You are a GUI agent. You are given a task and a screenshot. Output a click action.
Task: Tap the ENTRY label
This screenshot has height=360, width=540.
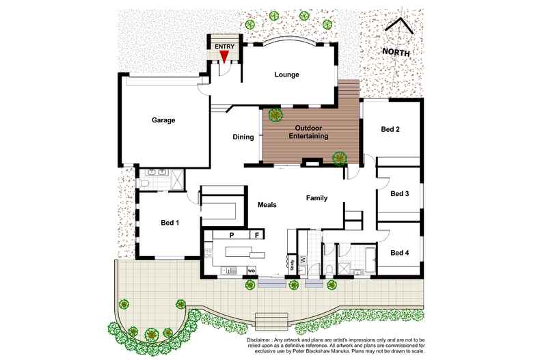[x=225, y=46]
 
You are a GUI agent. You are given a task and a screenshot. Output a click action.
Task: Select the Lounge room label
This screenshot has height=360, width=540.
[x=287, y=74]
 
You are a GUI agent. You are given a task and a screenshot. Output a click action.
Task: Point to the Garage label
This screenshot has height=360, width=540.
[x=163, y=120]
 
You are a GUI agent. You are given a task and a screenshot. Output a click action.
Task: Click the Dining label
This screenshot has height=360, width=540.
[x=243, y=137]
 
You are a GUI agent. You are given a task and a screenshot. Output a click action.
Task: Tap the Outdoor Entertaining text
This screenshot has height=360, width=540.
[x=312, y=133]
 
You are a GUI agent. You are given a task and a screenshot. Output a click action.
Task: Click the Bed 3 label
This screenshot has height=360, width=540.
[x=399, y=193]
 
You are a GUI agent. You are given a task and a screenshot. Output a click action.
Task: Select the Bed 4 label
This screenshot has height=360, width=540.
[x=399, y=253]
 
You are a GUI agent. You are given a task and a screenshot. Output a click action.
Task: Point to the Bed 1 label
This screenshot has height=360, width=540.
[x=170, y=223]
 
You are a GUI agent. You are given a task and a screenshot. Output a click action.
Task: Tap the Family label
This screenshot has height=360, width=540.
[x=316, y=198]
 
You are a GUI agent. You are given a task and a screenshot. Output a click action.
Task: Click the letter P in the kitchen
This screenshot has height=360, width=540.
[x=232, y=235]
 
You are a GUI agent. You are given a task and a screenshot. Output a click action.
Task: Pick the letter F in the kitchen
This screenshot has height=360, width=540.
[x=257, y=235]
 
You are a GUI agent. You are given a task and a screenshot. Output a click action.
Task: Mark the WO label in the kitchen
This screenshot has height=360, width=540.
[x=251, y=271]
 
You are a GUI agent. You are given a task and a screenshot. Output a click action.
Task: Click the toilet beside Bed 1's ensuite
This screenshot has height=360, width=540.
[x=146, y=183]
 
